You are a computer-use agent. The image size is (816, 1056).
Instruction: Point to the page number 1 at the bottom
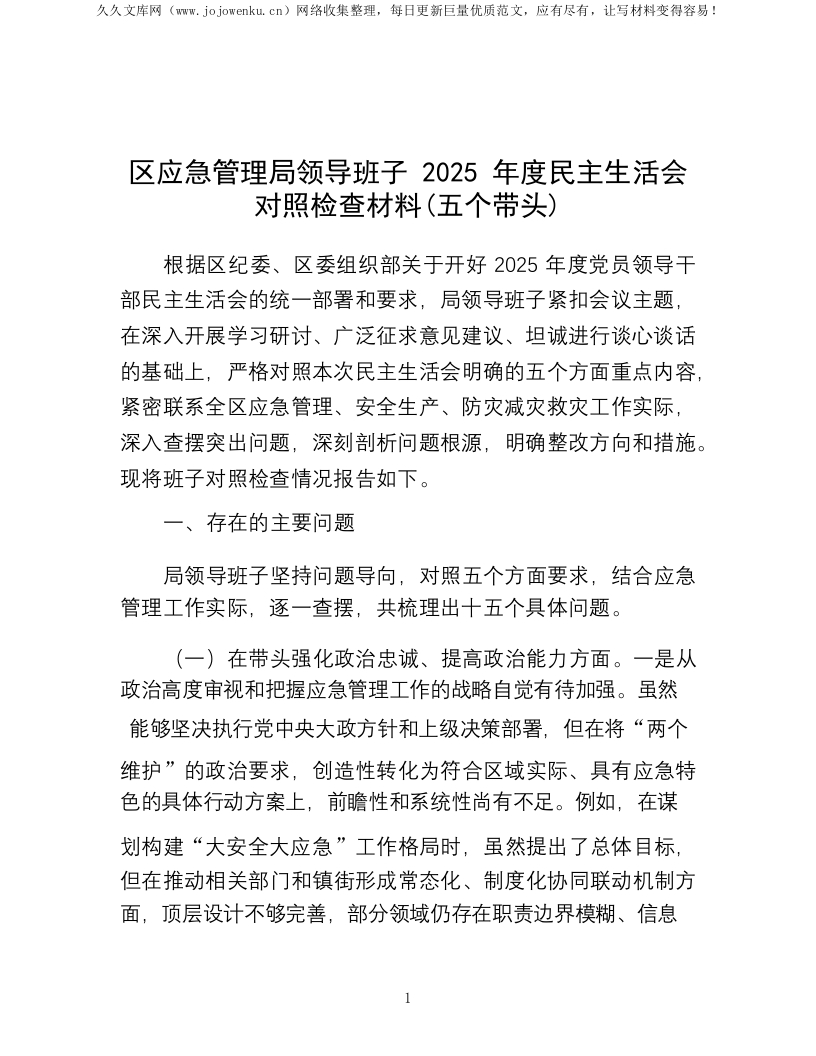408,998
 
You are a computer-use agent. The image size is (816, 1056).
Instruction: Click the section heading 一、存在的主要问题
258,522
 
